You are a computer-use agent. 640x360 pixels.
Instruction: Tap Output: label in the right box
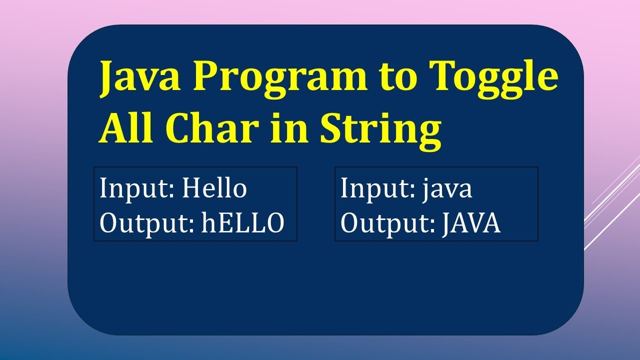pyautogui.click(x=388, y=224)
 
